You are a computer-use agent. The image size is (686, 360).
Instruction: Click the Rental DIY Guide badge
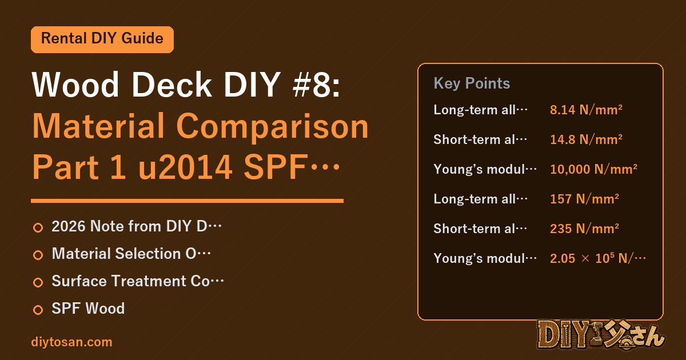tap(102, 39)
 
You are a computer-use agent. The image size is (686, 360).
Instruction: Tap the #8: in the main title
tap(316, 85)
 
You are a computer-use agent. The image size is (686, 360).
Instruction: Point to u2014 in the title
tap(185, 167)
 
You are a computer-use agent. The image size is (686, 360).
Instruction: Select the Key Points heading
tap(472, 83)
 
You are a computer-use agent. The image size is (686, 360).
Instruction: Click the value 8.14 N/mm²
tap(586, 110)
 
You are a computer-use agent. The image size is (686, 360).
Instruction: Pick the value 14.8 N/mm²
tap(586, 139)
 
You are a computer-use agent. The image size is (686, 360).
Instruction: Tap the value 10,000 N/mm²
tap(593, 169)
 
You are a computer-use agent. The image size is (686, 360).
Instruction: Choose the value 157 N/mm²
tap(584, 199)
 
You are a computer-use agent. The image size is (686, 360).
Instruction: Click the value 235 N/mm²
tap(584, 229)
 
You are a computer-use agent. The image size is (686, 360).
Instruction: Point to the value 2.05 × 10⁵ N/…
tap(598, 258)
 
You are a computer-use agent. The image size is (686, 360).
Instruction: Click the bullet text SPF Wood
tap(88, 308)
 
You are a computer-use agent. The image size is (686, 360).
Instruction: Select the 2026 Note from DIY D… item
tap(137, 226)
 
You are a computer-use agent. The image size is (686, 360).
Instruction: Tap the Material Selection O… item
tap(131, 254)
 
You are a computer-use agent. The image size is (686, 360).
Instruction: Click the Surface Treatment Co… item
tap(138, 281)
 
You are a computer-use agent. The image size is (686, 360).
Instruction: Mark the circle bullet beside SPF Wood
tap(38, 310)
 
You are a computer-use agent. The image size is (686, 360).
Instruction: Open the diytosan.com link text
tap(71, 342)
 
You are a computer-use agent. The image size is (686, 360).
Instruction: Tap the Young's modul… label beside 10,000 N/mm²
tap(485, 169)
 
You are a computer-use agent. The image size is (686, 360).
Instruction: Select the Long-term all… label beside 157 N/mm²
tap(481, 199)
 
